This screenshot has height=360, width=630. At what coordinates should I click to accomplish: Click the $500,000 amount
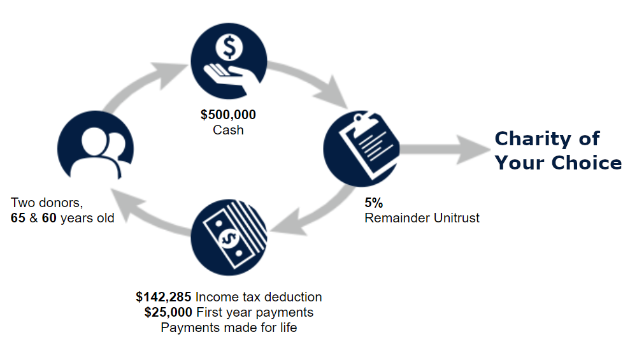coord(228,115)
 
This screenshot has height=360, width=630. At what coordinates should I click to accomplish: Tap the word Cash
coord(228,130)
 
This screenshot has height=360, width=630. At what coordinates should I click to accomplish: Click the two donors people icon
coord(96,148)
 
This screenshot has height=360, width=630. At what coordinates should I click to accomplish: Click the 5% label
coord(374,203)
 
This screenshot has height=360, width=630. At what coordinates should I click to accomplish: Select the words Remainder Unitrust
coord(422,218)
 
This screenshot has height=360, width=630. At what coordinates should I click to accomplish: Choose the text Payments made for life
coord(229,328)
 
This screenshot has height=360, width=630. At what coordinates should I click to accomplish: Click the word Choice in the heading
coord(585,162)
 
